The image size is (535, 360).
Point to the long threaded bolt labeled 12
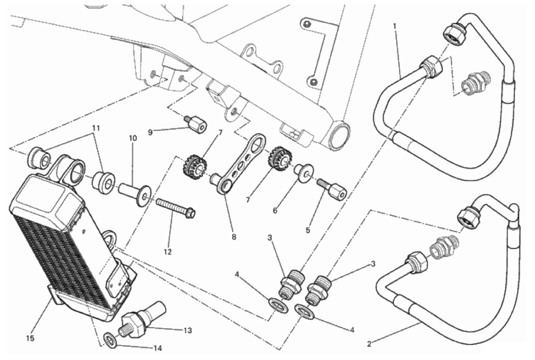[175, 208]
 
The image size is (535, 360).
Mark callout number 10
[132, 139]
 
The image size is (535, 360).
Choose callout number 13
[187, 330]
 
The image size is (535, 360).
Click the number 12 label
[167, 252]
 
